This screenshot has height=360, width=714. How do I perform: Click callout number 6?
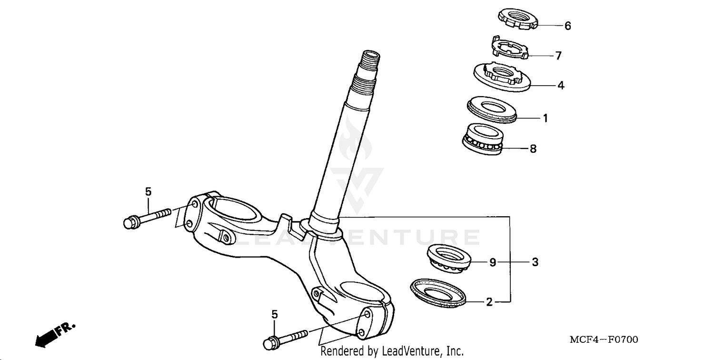point(567,26)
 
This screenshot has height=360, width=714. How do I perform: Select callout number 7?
point(558,56)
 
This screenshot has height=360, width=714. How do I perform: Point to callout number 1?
point(545,118)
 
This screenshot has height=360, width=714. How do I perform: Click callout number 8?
point(533,149)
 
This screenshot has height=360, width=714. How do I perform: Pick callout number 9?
point(493,262)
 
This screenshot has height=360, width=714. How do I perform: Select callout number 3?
point(535,262)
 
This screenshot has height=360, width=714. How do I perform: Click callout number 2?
point(489,302)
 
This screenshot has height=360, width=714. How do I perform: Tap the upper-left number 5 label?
point(148,192)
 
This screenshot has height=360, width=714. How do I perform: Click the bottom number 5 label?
point(274,314)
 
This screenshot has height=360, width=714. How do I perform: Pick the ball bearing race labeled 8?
point(483,138)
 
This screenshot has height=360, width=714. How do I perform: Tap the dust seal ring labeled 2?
point(438,291)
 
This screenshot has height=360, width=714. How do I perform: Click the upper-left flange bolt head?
point(130,222)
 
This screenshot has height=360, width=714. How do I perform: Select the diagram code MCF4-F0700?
point(604,340)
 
